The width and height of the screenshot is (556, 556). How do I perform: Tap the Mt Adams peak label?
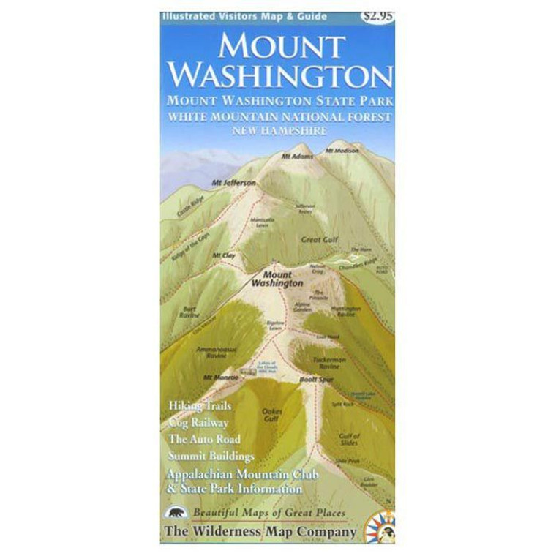coord(301,157)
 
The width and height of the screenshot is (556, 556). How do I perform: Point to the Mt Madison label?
coord(342,151)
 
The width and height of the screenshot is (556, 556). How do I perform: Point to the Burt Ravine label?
coord(190,312)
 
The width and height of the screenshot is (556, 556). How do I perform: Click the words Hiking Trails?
coord(200,405)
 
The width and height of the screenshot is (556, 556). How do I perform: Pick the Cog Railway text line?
coord(198,422)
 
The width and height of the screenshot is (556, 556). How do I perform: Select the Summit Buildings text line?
coord(211,456)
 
